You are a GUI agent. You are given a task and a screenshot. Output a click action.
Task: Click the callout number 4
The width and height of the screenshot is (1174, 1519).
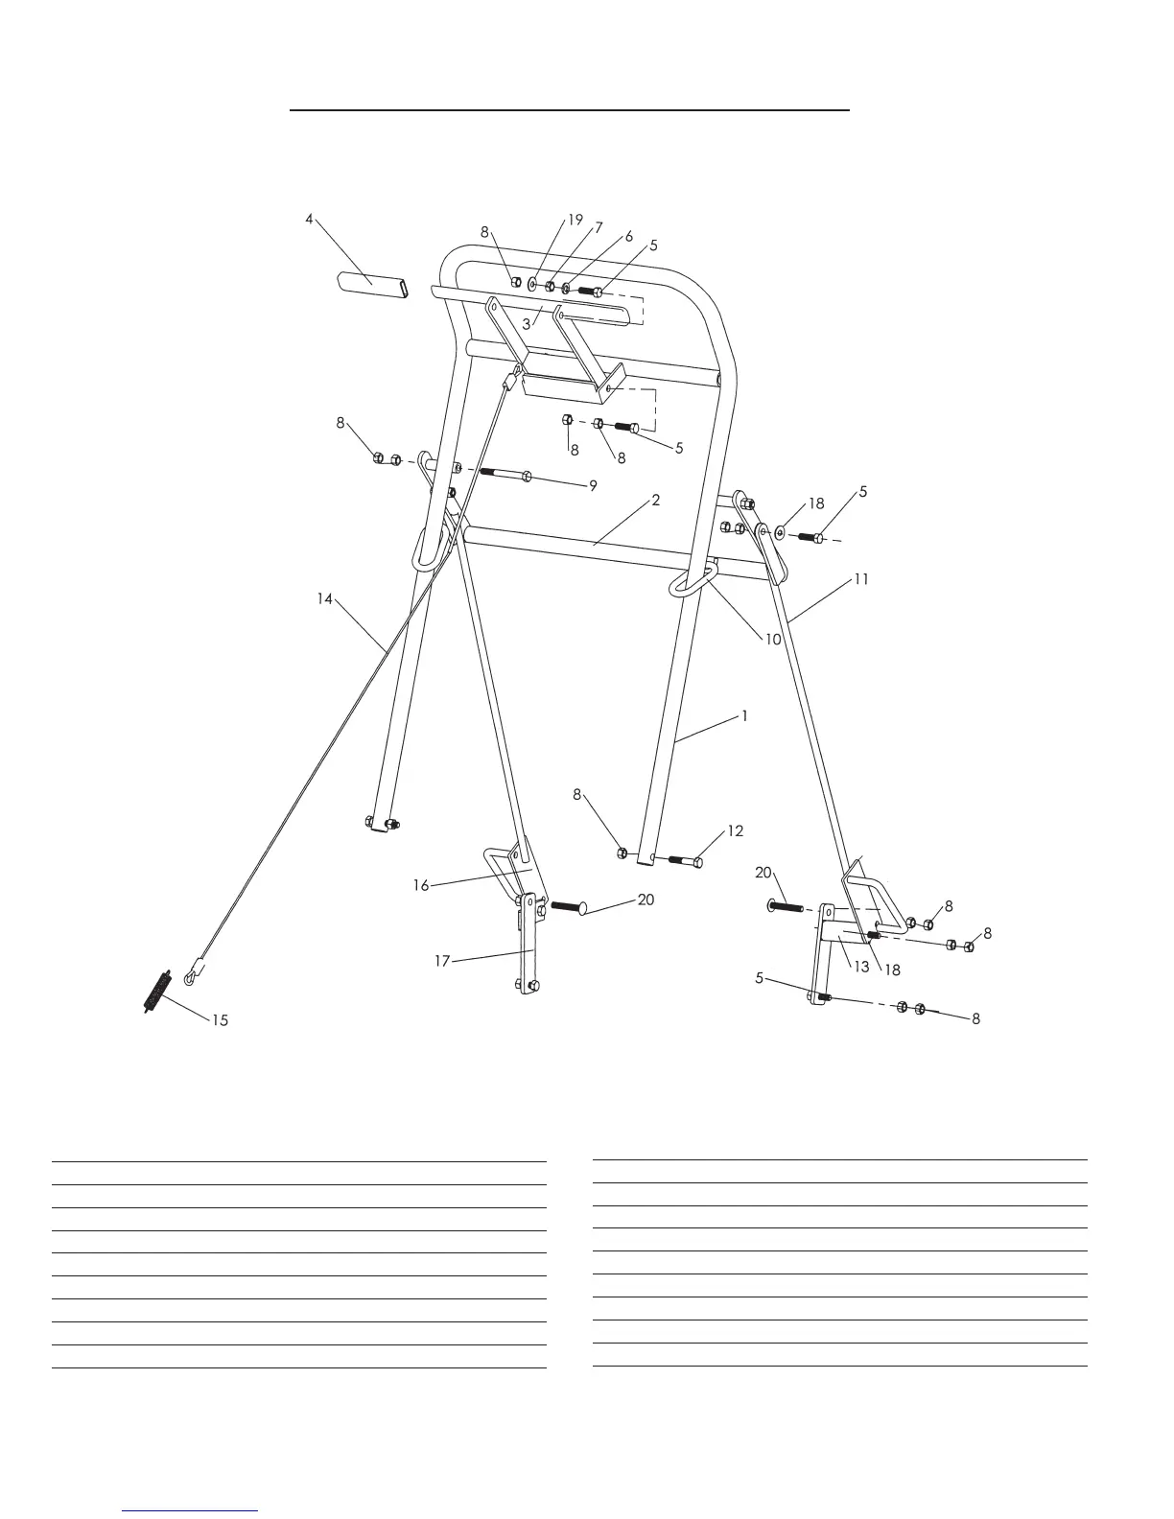pos(309,219)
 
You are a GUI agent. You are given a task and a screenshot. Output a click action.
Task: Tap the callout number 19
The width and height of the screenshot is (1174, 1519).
pos(575,220)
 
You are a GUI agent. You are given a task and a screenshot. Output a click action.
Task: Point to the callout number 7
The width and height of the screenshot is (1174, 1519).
pos(599,228)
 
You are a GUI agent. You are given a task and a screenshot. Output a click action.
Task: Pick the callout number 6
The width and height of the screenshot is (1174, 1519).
pos(629,236)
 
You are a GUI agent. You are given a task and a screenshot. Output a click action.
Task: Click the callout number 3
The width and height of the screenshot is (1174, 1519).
pos(527,324)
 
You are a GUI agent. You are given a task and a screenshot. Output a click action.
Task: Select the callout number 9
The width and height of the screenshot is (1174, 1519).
pos(593,486)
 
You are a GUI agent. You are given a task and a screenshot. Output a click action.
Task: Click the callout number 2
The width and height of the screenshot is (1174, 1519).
pos(656,501)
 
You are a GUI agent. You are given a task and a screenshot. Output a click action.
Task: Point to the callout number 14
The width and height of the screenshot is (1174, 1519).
pos(325,598)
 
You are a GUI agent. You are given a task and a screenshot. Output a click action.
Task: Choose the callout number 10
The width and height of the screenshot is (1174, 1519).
pos(773,640)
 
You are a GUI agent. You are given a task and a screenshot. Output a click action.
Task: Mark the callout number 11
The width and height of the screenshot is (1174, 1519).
pos(861,579)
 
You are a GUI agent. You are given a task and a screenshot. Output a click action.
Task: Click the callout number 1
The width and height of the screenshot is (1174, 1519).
pos(744,716)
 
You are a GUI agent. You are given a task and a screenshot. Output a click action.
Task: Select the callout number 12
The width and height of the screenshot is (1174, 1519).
pos(735,831)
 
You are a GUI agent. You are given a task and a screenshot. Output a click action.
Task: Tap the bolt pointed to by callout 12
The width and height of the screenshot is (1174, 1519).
pos(682,861)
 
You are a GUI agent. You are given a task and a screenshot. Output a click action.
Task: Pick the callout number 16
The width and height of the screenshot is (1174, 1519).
pos(421,885)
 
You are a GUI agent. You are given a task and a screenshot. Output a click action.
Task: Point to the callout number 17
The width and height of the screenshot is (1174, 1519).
pos(442,960)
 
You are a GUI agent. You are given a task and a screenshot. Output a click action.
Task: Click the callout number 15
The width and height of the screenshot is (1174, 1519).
pos(220,1020)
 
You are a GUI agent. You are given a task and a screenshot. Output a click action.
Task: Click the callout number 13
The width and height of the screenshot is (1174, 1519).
pos(862,967)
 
